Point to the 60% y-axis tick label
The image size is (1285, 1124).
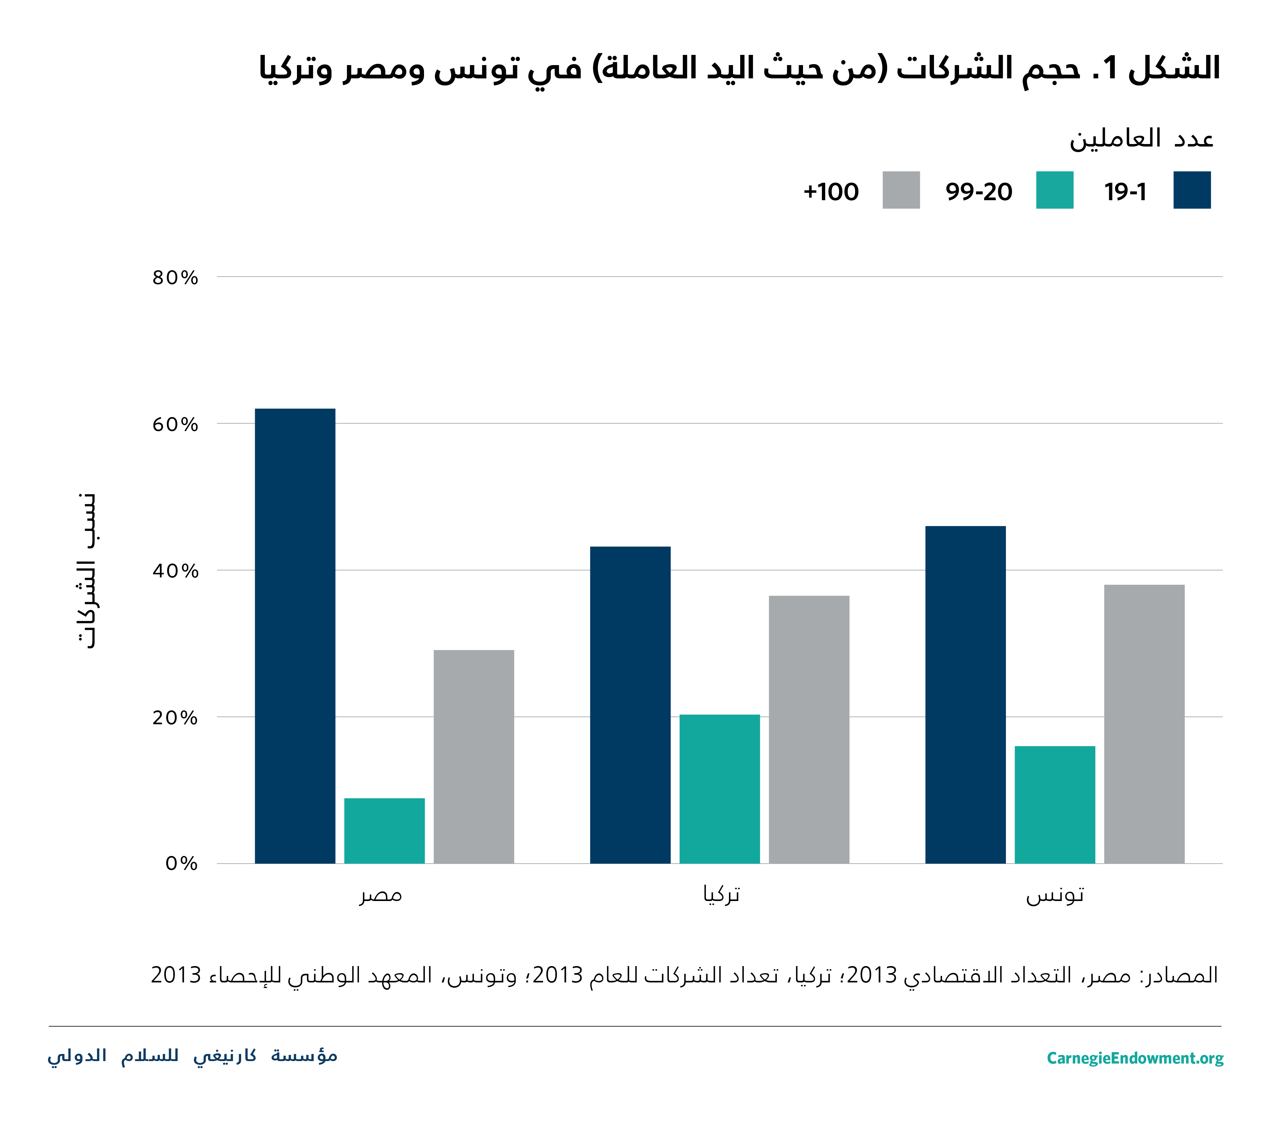point(175,425)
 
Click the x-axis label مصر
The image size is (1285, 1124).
point(381,895)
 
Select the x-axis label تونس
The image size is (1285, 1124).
point(1055,895)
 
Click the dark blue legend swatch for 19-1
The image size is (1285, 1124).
point(1192,190)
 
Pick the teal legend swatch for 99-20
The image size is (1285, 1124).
point(1054,190)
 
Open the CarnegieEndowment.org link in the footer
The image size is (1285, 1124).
point(1135,1058)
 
